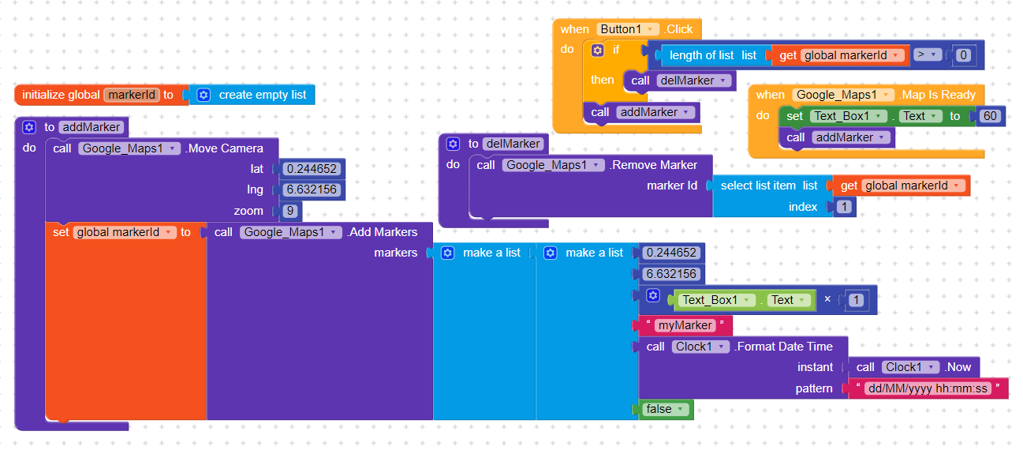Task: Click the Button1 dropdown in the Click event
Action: coord(628,29)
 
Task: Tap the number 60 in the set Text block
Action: coord(990,116)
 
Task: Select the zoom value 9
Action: coord(290,211)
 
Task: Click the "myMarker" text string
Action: coord(685,325)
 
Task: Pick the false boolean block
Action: coord(664,409)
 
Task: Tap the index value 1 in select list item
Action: coord(844,207)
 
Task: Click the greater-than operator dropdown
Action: coord(927,55)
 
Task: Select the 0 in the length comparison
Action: coord(963,55)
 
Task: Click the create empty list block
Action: coord(252,95)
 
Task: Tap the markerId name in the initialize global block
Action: coord(132,95)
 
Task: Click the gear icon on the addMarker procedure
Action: coord(29,127)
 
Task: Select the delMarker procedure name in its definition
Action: coord(513,144)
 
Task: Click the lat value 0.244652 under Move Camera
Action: coord(312,169)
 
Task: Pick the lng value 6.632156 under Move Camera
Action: coord(312,189)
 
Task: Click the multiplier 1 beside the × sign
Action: coord(856,300)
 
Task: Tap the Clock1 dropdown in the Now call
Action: coord(911,367)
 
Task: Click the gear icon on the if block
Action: coord(597,50)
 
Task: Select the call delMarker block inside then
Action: coord(680,81)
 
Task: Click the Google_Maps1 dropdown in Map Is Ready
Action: coord(843,95)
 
